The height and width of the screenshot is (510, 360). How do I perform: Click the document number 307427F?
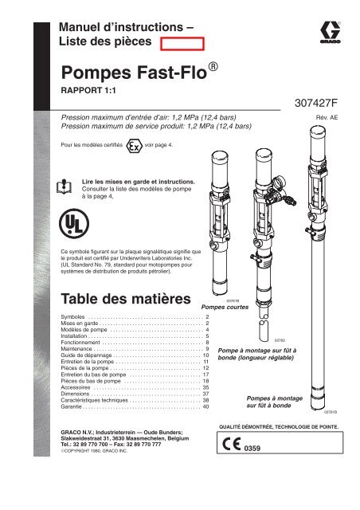(x=319, y=103)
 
